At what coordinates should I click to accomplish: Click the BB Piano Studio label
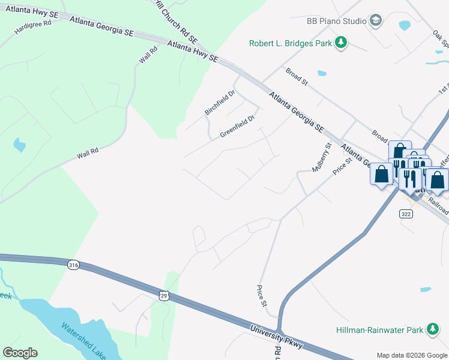pos(336,21)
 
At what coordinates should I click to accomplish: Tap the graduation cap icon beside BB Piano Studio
pos(376,21)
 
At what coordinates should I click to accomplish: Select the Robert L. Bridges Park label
pos(291,43)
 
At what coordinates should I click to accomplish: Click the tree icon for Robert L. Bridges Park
pos(341,43)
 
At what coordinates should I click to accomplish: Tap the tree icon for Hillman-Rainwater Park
pos(432,329)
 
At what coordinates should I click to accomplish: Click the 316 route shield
pos(73,265)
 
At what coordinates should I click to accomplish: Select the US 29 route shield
pos(164,295)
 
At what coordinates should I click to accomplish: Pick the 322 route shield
pos(405,213)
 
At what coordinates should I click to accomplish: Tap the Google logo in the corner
pos(20,353)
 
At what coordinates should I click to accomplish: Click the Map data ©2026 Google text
pos(411,355)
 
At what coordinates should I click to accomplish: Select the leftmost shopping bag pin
pos(381,175)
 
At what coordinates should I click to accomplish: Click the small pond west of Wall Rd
pos(20,145)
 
